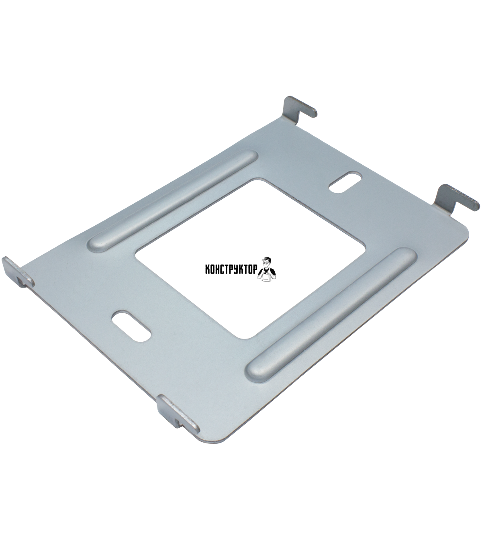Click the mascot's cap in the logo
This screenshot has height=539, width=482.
[x=266, y=259]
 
